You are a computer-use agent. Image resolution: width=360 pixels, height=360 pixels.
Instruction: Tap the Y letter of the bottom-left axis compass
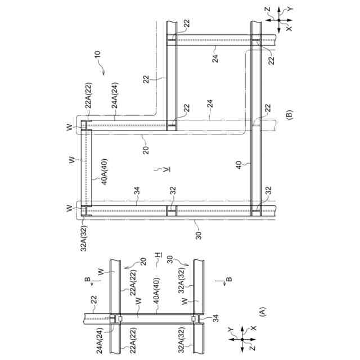(x=229, y=328)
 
